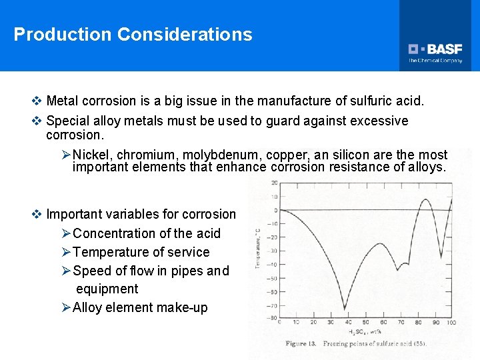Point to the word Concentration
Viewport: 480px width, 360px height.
click(x=113, y=233)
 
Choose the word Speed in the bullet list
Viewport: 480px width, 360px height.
click(x=92, y=271)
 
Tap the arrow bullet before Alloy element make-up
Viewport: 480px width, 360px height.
click(x=65, y=307)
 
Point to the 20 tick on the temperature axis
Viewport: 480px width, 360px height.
click(x=274, y=183)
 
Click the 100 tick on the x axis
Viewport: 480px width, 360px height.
click(x=451, y=323)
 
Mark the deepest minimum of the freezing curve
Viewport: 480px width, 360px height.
click(x=345, y=308)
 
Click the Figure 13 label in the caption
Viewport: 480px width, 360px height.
click(x=301, y=343)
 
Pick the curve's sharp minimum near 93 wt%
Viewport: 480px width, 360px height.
click(x=441, y=255)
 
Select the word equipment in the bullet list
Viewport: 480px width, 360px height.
click(x=107, y=289)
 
